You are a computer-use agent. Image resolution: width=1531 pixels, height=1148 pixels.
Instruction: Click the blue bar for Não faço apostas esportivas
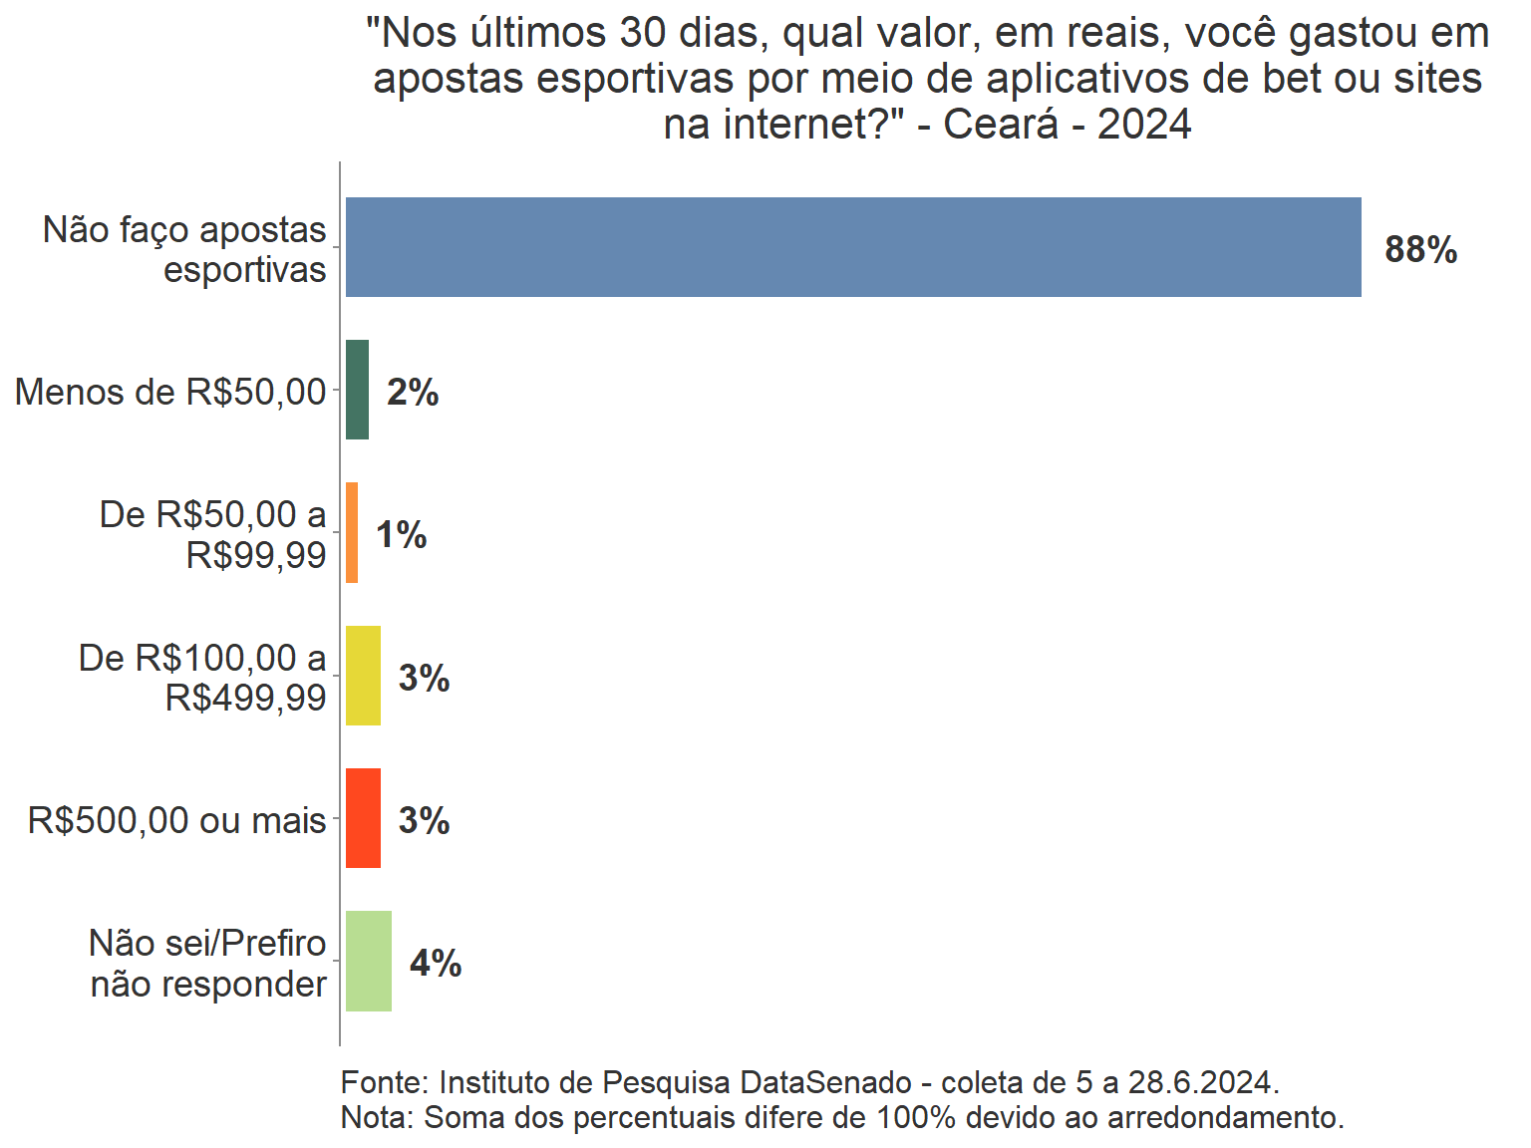pos(853,247)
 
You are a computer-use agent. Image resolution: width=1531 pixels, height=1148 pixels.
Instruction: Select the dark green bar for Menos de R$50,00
pos(357,390)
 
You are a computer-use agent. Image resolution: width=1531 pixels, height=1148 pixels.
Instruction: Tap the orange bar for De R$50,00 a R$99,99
pos(352,533)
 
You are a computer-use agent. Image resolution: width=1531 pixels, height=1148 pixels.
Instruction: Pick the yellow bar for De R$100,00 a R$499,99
pos(363,676)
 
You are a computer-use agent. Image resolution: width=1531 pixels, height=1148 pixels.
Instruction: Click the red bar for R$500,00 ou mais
pos(363,818)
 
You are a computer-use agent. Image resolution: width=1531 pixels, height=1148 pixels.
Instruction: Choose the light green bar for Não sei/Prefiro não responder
pos(369,962)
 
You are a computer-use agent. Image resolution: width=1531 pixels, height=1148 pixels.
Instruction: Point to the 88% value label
pos(1420,249)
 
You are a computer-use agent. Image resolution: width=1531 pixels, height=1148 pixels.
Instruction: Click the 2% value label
pos(413,393)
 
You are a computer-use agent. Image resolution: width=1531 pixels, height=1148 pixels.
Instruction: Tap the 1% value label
pos(401,535)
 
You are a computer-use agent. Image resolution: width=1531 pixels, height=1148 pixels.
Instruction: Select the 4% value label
pos(436,964)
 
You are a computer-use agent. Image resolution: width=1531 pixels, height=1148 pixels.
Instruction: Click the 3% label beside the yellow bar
pos(424,679)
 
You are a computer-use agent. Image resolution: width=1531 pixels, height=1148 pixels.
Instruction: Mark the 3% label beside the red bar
pos(424,821)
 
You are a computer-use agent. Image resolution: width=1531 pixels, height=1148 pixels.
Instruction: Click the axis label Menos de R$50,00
pos(170,393)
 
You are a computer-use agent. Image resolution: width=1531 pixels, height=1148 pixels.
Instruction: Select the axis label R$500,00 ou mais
pos(177,821)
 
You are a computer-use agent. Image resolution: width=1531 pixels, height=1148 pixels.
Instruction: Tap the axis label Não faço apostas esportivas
pos(185,249)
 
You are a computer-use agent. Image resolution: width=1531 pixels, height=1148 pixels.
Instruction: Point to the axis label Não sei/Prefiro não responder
pos(208,964)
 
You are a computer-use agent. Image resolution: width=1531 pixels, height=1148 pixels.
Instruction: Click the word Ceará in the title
pos(1001,125)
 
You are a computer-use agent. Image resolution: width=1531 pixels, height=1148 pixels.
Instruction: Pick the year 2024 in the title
pos(1144,125)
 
